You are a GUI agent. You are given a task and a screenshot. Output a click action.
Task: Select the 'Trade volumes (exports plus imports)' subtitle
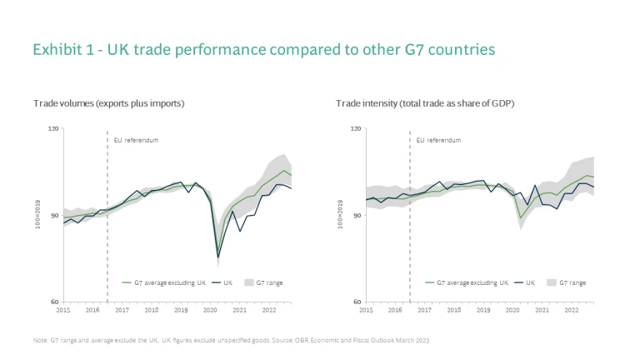[108, 103]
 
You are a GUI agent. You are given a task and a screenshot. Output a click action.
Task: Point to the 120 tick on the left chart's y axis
[54, 129]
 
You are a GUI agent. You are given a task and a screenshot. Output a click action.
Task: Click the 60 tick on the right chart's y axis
[356, 302]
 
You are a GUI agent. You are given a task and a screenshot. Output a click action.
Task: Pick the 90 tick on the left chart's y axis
[54, 216]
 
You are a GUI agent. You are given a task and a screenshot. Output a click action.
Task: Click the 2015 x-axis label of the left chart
[63, 309]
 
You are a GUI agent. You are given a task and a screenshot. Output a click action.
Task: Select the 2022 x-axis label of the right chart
[572, 309]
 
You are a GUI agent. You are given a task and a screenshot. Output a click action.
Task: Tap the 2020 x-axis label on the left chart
[210, 309]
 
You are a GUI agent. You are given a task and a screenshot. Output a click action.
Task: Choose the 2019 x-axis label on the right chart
[483, 309]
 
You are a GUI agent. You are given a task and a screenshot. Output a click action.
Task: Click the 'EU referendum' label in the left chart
[136, 140]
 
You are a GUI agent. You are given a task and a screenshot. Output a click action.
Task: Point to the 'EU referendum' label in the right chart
[438, 140]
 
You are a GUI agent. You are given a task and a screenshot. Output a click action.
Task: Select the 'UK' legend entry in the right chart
[529, 283]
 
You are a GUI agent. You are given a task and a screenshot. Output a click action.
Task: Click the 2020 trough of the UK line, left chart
[218, 257]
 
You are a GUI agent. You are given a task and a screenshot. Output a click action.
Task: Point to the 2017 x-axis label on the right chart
[424, 309]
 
